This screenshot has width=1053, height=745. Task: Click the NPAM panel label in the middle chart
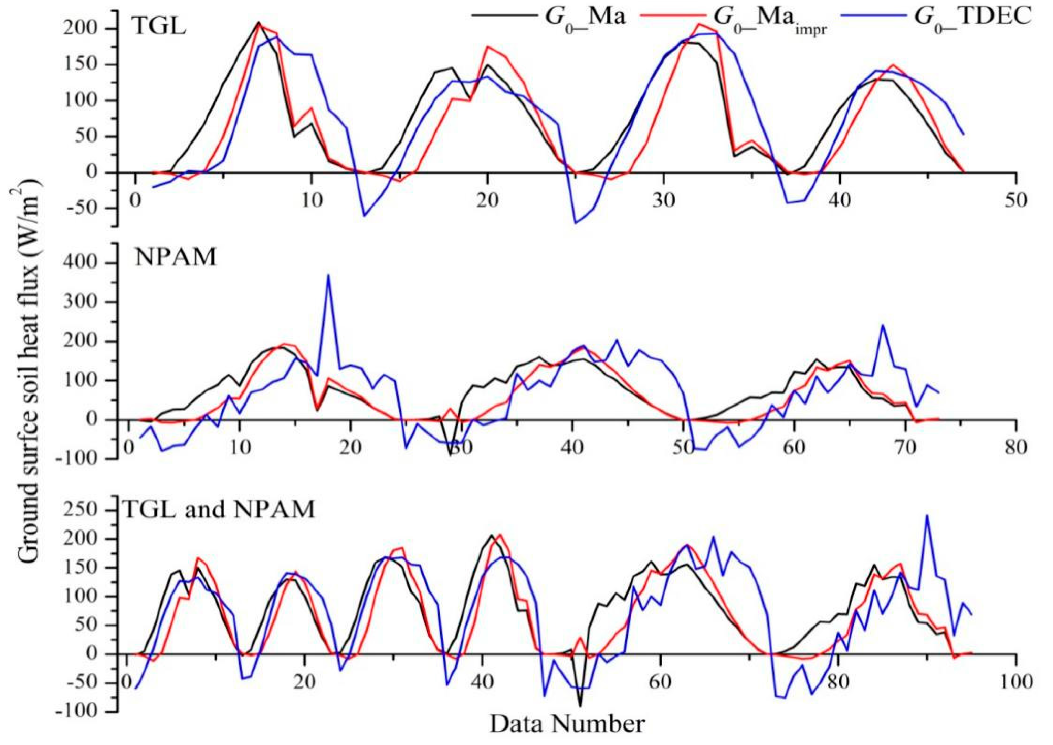coord(176,258)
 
